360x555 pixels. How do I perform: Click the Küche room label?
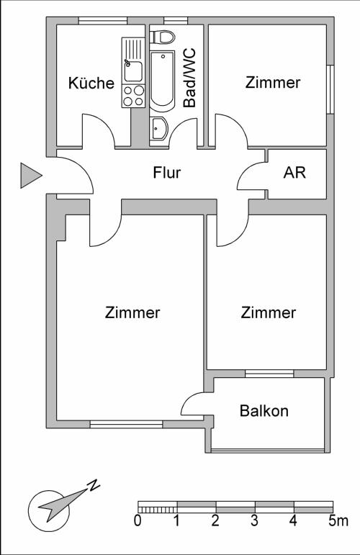point(91,83)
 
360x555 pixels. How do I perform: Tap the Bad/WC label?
point(189,78)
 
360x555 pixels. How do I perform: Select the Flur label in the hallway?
point(167,172)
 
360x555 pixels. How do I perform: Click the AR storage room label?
point(294,172)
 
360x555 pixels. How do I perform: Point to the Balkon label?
point(264,410)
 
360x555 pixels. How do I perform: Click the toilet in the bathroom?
point(163,37)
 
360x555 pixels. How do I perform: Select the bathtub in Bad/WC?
point(163,81)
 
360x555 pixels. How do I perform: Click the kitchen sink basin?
point(133,71)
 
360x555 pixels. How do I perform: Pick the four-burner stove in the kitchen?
point(133,96)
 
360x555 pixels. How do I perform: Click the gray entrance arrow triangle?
point(31,175)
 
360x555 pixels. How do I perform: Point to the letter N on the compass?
point(94,484)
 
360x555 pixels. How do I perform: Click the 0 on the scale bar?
point(138,520)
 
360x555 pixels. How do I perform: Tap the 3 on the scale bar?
point(254,520)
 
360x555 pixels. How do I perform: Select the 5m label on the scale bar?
point(338,520)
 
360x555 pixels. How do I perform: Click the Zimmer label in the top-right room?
point(273,83)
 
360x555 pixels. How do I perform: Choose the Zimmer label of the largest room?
point(132,312)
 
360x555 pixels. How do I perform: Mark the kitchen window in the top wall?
point(103,21)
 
